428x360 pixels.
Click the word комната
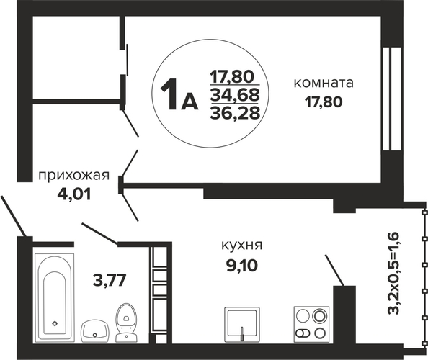point(324,84)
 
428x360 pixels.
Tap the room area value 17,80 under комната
point(324,102)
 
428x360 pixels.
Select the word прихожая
point(74,176)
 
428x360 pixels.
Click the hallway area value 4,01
point(73,194)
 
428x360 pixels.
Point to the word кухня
point(241,245)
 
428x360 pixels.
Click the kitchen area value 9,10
point(241,265)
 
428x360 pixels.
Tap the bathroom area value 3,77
point(110,280)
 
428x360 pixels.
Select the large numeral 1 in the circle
point(169,94)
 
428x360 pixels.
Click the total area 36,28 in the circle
point(235,112)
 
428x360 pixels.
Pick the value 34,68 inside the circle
point(235,95)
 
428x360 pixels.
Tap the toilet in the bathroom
point(127,323)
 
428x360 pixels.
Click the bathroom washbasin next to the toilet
point(94,330)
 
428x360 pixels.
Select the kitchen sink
point(242,324)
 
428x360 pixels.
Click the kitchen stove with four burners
point(311,324)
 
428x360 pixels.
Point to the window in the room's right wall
point(392,99)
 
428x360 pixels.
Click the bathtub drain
point(55,323)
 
